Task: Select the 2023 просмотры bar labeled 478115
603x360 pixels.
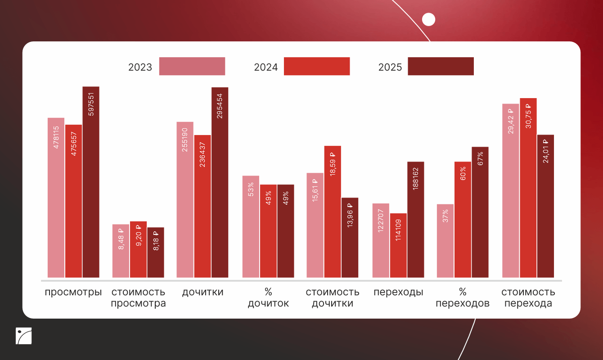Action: [x=56, y=198]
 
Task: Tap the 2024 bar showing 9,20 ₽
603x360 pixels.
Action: [x=138, y=249]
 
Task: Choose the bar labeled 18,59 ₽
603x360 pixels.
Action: [x=333, y=211]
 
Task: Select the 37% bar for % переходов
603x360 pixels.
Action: [x=445, y=241]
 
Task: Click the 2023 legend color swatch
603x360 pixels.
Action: [x=192, y=66]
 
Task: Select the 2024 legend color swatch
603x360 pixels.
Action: [x=317, y=66]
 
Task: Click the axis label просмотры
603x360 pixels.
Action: [x=73, y=292]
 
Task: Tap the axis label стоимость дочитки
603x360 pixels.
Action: [x=333, y=297]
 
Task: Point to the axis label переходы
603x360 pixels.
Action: [x=398, y=292]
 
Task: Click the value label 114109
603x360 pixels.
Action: [x=398, y=230]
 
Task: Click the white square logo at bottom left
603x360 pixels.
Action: [x=23, y=336]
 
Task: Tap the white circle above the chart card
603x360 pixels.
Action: [x=429, y=19]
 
